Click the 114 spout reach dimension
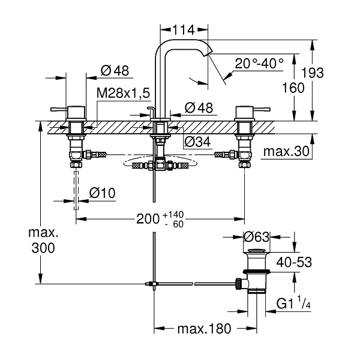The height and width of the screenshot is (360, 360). pyautogui.click(x=184, y=30)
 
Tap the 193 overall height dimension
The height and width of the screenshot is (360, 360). pyautogui.click(x=312, y=73)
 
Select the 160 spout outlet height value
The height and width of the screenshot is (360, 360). pyautogui.click(x=293, y=88)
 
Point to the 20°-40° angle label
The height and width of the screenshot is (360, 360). pyautogui.click(x=259, y=63)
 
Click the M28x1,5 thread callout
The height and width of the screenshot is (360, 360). pyautogui.click(x=123, y=93)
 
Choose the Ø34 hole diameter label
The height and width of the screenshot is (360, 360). pyautogui.click(x=197, y=142)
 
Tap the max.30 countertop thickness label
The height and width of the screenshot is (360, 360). pyautogui.click(x=287, y=152)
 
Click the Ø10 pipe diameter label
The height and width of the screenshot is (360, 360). pyautogui.click(x=103, y=193)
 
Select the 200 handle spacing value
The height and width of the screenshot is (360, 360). pyautogui.click(x=148, y=219)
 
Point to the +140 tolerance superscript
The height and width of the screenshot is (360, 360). pyautogui.click(x=173, y=215)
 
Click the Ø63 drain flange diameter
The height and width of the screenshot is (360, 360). pyautogui.click(x=256, y=237)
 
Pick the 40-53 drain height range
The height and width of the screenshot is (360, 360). pyautogui.click(x=294, y=262)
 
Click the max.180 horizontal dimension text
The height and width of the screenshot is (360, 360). pyautogui.click(x=204, y=329)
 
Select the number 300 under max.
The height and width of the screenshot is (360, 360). pyautogui.click(x=43, y=248)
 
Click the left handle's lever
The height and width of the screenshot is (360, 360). pyautogui.click(x=59, y=109)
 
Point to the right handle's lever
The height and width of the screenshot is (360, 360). pyautogui.click(x=262, y=109)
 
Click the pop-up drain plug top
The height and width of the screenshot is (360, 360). pyautogui.click(x=257, y=250)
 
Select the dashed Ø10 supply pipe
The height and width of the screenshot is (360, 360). pyautogui.click(x=76, y=190)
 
